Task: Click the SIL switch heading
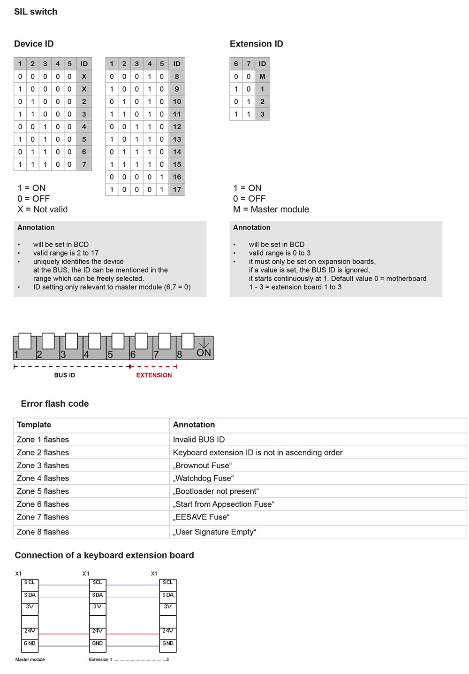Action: (x=36, y=12)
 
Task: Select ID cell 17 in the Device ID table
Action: (x=177, y=190)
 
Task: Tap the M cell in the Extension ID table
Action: (x=262, y=77)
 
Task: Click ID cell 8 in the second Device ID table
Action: (x=177, y=77)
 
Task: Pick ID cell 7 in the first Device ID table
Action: (x=84, y=164)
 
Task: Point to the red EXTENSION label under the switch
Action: (x=154, y=375)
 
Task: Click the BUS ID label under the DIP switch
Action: (x=65, y=375)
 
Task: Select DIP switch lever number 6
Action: (x=141, y=341)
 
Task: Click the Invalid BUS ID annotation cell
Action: (x=199, y=440)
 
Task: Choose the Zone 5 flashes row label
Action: (x=43, y=491)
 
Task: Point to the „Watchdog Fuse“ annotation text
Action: (x=203, y=478)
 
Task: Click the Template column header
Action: (x=34, y=425)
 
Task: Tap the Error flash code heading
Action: (x=55, y=404)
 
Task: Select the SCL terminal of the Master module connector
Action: (x=30, y=583)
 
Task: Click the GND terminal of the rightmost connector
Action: (x=168, y=643)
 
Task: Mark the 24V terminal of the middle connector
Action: (x=98, y=631)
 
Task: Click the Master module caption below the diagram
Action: (x=30, y=659)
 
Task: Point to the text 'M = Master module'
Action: (x=271, y=209)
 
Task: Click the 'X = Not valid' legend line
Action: (x=43, y=209)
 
